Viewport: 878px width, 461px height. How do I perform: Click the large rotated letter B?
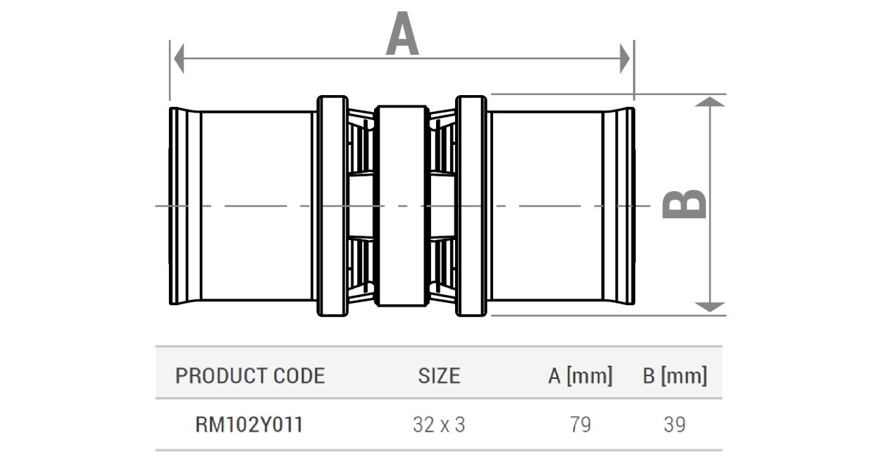[x=684, y=204]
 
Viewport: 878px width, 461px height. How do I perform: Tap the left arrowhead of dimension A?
[x=179, y=59]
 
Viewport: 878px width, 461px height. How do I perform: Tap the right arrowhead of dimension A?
[x=625, y=59]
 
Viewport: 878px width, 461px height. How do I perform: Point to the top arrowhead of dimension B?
[x=710, y=102]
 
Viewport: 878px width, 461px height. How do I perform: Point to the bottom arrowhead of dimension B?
[x=710, y=307]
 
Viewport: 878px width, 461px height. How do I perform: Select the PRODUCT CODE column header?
[x=250, y=375]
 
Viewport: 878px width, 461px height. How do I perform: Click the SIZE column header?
[x=439, y=375]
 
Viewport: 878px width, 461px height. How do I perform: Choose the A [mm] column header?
[x=580, y=375]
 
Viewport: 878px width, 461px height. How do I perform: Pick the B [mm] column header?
[x=675, y=375]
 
